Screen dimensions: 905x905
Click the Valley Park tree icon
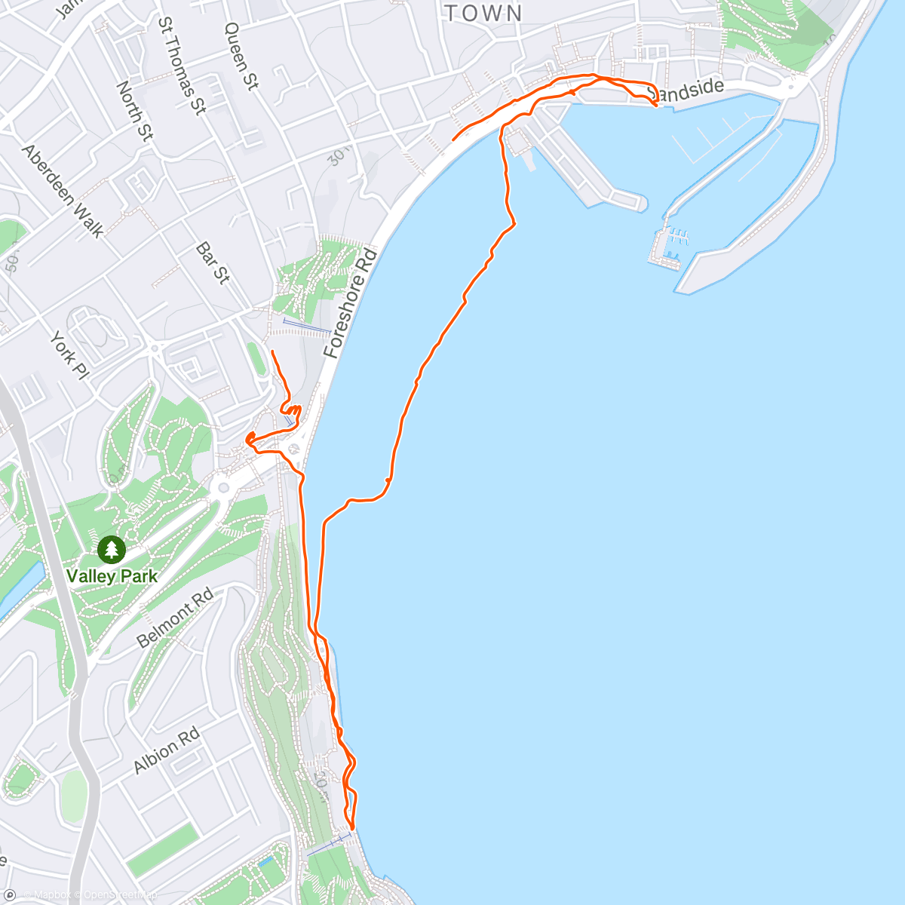click(x=112, y=548)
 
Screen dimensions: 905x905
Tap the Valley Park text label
click(x=112, y=576)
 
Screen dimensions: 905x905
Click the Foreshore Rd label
click(x=349, y=303)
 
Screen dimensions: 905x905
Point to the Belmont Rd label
click(x=175, y=619)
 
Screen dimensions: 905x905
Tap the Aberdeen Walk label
click(x=63, y=191)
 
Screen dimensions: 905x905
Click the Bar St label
click(x=212, y=262)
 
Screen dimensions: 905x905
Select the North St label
click(x=134, y=110)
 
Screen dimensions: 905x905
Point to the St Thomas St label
click(x=182, y=66)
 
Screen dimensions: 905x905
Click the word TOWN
click(x=483, y=13)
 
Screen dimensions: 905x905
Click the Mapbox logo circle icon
click(x=9, y=895)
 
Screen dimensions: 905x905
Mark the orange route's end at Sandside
click(x=656, y=106)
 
